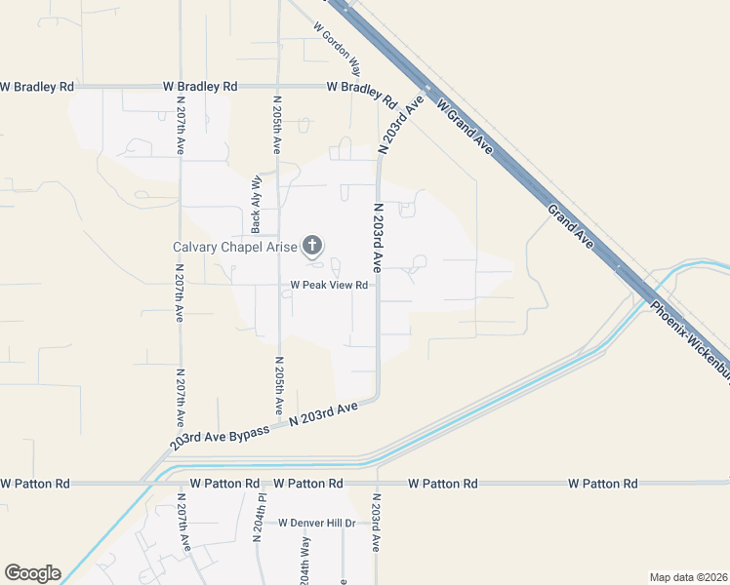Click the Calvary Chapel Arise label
tap(234, 247)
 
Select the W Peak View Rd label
tap(328, 286)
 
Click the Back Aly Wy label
tap(257, 204)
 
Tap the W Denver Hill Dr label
tap(317, 524)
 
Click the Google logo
tap(32, 573)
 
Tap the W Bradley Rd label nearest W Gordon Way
tap(360, 93)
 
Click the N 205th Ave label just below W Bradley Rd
tap(277, 125)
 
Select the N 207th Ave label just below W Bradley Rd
tap(181, 125)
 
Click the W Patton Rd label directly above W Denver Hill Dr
tap(307, 484)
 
